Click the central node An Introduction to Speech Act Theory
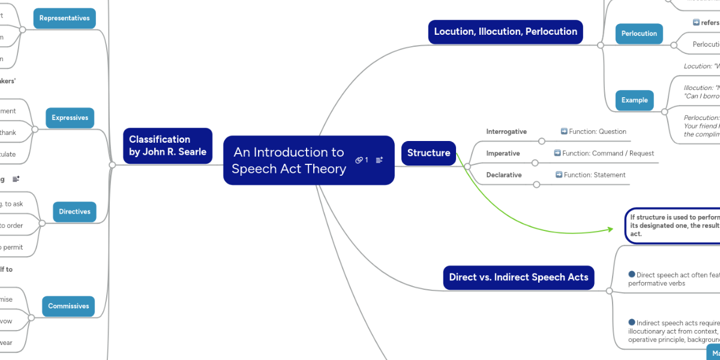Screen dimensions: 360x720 (289, 160)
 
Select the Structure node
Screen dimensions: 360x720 (428, 153)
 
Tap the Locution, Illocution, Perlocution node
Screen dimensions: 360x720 (505, 32)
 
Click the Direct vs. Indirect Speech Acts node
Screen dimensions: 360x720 (518, 277)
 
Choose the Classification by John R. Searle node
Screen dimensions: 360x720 (167, 146)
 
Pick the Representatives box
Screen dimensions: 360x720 (64, 19)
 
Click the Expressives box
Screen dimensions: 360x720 (70, 118)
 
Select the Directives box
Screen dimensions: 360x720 (74, 212)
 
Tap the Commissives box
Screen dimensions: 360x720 (68, 306)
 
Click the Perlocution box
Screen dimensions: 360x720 (639, 34)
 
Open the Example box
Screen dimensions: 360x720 (634, 100)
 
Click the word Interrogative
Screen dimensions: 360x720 (506, 131)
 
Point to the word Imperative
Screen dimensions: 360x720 (503, 154)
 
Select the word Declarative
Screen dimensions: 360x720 (503, 175)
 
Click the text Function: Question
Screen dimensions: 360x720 (593, 131)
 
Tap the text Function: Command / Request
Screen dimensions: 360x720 (604, 154)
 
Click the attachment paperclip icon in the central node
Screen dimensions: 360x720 (359, 160)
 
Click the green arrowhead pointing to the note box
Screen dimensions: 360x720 (610, 229)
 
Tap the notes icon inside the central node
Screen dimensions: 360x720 (379, 160)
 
